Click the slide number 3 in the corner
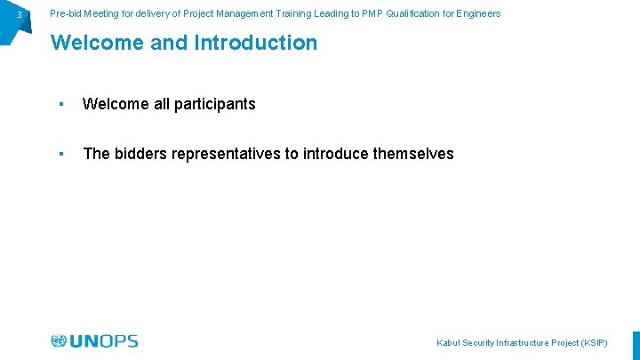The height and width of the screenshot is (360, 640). [19, 14]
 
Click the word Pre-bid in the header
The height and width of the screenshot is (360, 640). [67, 13]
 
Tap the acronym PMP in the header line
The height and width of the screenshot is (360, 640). [371, 13]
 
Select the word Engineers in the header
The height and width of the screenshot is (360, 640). [477, 13]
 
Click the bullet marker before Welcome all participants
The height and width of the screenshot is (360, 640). [60, 104]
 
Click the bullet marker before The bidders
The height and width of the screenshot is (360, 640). [60, 154]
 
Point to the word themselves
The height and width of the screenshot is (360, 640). [413, 154]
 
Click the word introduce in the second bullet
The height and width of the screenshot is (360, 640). [336, 154]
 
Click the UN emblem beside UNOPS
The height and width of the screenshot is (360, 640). [59, 341]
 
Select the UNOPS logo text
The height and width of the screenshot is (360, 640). [104, 341]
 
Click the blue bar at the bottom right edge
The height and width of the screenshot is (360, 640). [636, 346]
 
